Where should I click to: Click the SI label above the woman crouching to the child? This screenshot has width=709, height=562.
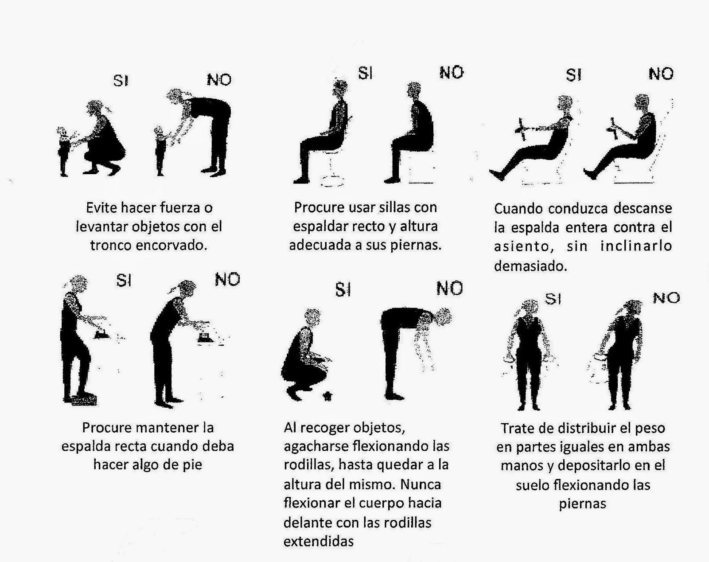tap(121, 81)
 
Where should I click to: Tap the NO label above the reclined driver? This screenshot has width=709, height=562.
tap(661, 74)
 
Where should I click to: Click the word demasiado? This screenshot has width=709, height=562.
tap(530, 266)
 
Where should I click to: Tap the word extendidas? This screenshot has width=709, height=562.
tap(318, 541)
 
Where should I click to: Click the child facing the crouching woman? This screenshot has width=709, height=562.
tap(63, 151)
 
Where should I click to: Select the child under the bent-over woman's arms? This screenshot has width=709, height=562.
tap(160, 151)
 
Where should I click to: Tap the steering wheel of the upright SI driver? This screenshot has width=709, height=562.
tap(522, 131)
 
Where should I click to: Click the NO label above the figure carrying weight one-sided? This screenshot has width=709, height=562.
tap(666, 298)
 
